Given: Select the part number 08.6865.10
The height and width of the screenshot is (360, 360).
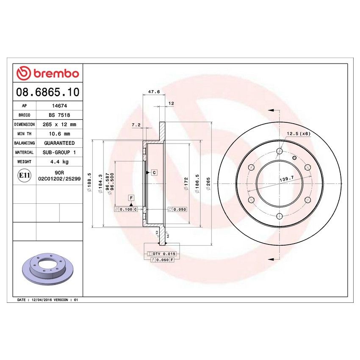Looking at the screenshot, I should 47,91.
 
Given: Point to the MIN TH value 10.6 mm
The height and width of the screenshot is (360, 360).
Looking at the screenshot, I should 58,134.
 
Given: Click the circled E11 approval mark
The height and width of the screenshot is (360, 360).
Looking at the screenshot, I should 24,175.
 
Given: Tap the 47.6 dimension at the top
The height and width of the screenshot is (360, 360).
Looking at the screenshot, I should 154,91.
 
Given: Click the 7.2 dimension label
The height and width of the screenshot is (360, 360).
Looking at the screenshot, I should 136,125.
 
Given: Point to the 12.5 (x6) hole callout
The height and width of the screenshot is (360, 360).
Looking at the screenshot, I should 299,134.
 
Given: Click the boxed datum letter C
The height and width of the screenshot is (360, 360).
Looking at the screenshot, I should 154,172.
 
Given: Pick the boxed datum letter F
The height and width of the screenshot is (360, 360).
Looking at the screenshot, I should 131,198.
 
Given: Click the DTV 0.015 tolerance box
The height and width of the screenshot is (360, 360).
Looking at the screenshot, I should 161,253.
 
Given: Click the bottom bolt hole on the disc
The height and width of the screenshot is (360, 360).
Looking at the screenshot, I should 279,216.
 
